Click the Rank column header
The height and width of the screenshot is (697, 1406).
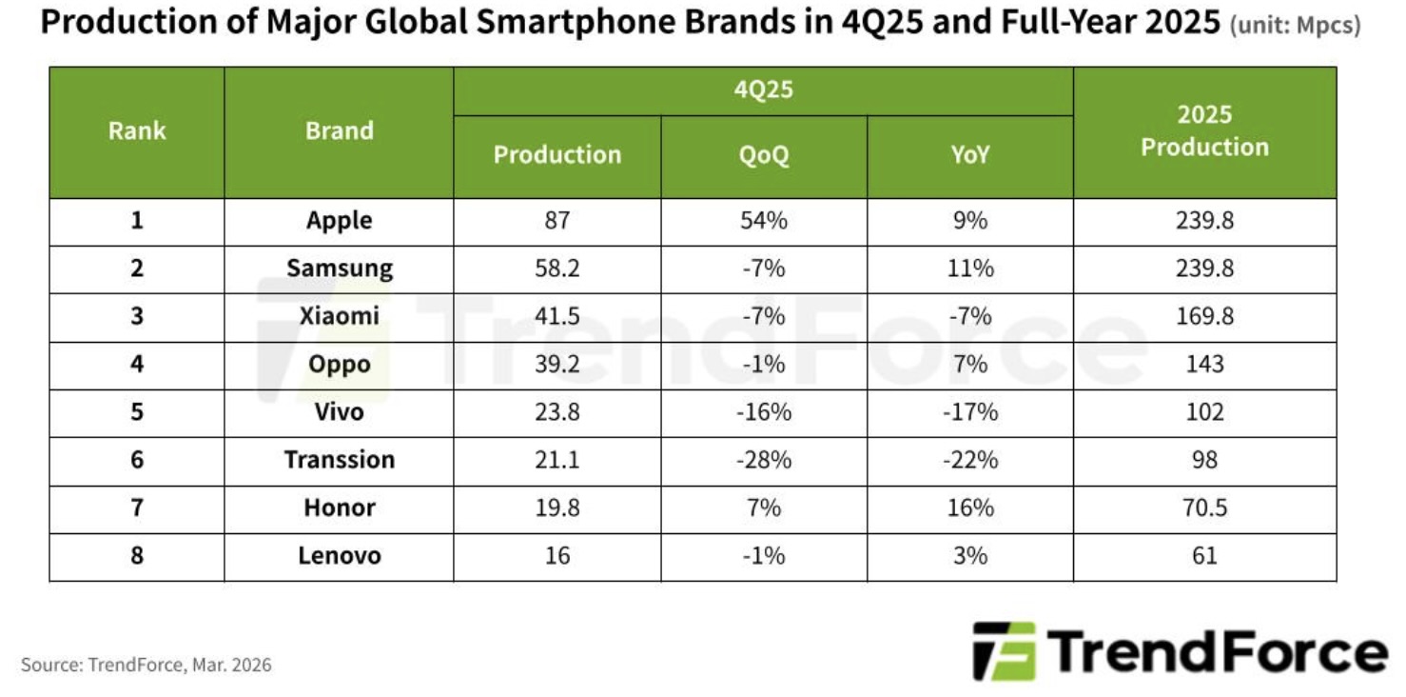137,131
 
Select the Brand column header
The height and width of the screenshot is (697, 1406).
339,131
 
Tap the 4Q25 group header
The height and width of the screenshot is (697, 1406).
763,91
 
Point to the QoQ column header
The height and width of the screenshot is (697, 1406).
763,155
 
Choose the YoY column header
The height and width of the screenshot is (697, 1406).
969,155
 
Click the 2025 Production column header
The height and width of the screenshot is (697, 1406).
1204,131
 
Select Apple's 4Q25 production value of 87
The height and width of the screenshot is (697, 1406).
557,221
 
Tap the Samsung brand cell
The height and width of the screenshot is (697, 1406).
339,269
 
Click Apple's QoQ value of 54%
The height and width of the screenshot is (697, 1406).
763,221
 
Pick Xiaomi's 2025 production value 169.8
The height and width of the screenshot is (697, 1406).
1204,316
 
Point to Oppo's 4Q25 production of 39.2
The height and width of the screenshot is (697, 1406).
557,365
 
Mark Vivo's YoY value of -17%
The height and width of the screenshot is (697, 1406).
969,412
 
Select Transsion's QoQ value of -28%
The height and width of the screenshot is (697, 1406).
763,460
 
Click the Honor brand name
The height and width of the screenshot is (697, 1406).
339,508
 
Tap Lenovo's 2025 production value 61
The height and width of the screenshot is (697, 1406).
1204,555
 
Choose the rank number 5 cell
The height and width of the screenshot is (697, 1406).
137,412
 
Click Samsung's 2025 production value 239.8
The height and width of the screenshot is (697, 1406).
1204,269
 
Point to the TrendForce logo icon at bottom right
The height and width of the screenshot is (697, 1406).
1004,651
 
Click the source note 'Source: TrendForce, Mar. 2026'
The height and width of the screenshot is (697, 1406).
146,665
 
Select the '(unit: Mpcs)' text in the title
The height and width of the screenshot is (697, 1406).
1295,27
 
